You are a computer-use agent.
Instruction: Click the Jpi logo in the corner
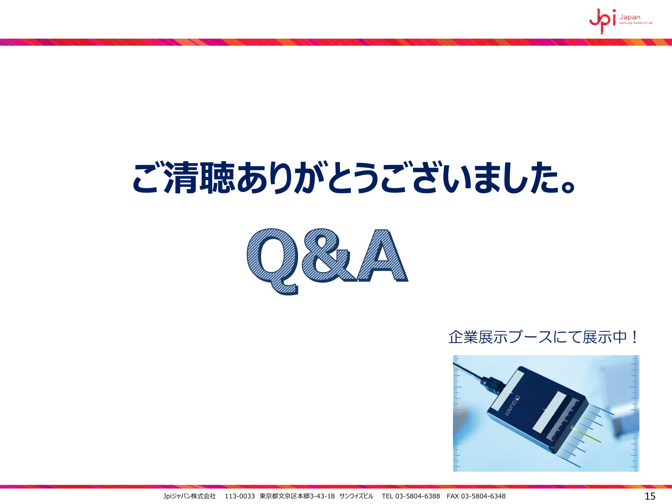click(x=603, y=21)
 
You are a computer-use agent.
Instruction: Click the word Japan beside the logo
click(x=630, y=17)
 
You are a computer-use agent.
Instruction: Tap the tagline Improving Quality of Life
click(x=636, y=23)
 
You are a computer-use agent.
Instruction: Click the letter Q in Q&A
click(x=273, y=261)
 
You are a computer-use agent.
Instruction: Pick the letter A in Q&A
click(x=382, y=255)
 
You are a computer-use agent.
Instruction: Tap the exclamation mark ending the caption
click(x=634, y=337)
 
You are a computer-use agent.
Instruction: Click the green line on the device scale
click(x=588, y=436)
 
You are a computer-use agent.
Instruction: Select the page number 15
click(x=650, y=496)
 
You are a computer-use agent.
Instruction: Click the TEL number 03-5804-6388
click(x=417, y=496)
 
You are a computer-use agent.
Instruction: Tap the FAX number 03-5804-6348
click(x=483, y=496)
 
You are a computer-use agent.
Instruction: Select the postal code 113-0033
click(x=240, y=496)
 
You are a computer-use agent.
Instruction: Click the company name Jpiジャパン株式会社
click(x=190, y=496)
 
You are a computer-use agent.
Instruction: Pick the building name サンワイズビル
click(x=356, y=496)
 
